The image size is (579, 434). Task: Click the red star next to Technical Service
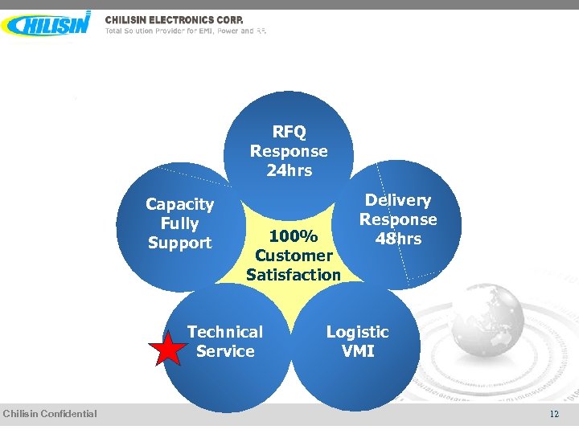click(x=168, y=350)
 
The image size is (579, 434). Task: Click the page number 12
click(x=554, y=414)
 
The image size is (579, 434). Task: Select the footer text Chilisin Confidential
click(x=50, y=414)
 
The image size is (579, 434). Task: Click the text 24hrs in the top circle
click(x=289, y=170)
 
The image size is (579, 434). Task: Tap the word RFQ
click(x=289, y=132)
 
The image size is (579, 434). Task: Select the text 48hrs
click(x=398, y=239)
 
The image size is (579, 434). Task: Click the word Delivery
click(x=398, y=200)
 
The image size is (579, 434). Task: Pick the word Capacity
click(x=179, y=204)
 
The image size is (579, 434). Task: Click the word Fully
click(x=179, y=223)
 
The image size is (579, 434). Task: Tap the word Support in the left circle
click(x=179, y=243)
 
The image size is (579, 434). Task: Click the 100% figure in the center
click(x=294, y=236)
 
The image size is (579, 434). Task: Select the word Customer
click(x=294, y=256)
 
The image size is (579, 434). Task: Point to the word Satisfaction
click(x=294, y=275)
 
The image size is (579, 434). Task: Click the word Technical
click(x=225, y=332)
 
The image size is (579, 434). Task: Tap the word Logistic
click(x=357, y=332)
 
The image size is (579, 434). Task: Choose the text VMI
click(x=357, y=351)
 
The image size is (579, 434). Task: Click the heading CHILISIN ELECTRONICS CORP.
click(x=174, y=19)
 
